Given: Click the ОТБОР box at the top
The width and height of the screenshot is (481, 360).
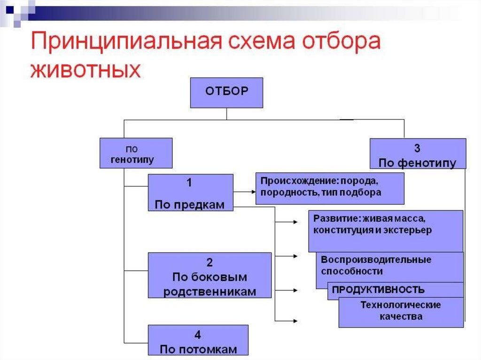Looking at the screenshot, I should click(226, 93).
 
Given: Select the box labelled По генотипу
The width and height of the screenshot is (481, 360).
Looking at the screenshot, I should click(136, 153).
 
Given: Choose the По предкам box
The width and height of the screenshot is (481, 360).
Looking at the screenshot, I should click(190, 192).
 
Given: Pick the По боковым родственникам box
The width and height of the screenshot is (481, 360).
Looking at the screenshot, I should click(209, 275).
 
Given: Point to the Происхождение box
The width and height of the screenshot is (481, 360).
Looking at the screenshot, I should click(329, 188).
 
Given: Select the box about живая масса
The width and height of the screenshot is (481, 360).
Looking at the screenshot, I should click(385, 231).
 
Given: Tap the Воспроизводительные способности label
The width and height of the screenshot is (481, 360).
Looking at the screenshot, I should click(376, 266).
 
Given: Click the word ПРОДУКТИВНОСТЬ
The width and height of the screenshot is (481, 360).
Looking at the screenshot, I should click(378, 289).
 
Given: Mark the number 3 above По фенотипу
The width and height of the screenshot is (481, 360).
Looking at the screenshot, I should click(417, 148).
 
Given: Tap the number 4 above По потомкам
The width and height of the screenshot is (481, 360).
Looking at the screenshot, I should click(198, 335).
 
